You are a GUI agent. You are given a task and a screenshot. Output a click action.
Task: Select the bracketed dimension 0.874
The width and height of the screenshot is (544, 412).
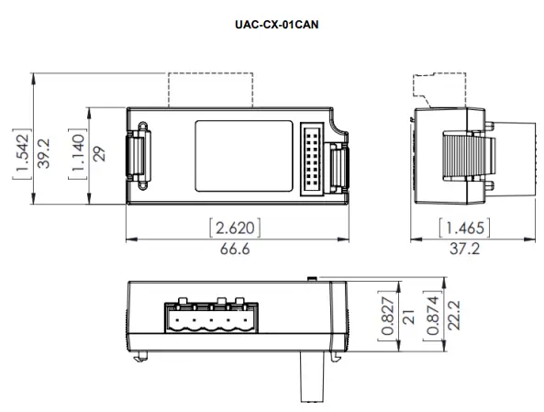pyautogui.click(x=431, y=317)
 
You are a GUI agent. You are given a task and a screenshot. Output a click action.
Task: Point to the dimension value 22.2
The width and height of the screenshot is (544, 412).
pyautogui.click(x=452, y=317)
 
